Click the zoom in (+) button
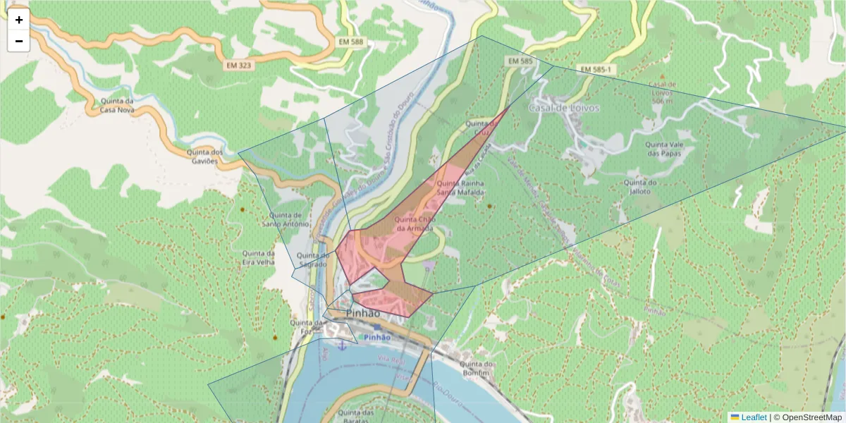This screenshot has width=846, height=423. [x=19, y=20]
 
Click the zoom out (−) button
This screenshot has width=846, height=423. [x=19, y=41]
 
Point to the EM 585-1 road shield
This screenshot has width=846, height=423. [x=596, y=69]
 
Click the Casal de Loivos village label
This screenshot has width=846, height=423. [x=564, y=108]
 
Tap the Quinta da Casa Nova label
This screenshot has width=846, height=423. [x=116, y=105]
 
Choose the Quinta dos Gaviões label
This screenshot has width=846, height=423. [x=205, y=156]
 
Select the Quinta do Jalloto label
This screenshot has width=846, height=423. [x=641, y=186]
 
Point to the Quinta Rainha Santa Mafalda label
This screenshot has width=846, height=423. [x=461, y=187]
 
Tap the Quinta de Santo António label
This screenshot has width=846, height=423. [x=286, y=219]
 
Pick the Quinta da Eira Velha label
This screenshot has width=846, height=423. [x=257, y=257]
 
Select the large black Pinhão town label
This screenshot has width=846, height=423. [x=363, y=313]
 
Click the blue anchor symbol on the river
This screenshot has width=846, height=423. [x=342, y=345]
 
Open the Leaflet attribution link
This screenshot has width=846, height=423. [x=753, y=417]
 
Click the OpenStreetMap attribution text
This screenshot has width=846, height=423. [x=808, y=417]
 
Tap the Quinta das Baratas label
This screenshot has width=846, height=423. [x=356, y=416]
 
